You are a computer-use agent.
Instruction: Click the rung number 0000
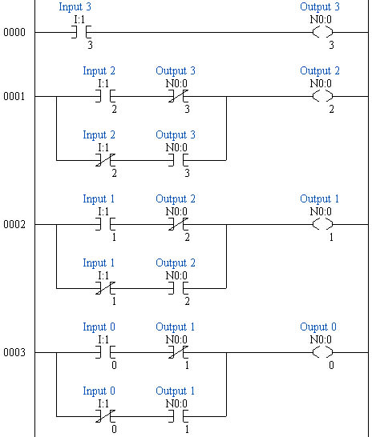coord(14,33)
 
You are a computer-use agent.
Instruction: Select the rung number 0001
coord(14,97)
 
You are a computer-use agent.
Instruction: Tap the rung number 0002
coord(14,225)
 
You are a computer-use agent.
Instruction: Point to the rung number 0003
coord(14,353)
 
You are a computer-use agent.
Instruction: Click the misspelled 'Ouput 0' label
coord(318,327)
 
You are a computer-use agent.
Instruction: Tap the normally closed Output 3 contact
coord(176,97)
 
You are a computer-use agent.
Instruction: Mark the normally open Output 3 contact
coord(176,161)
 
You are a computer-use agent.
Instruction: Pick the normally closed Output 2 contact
coord(176,225)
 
